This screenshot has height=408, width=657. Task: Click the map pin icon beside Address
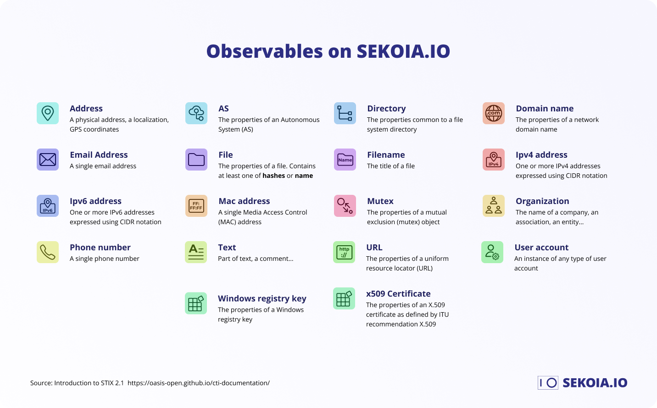(48, 113)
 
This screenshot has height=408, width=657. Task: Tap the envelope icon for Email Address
(48, 160)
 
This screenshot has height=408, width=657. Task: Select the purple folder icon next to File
(196, 160)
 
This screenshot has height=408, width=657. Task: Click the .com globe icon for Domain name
(494, 113)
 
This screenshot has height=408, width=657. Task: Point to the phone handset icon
(48, 252)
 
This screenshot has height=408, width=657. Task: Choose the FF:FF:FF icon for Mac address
(196, 206)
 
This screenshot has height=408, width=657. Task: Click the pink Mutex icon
(345, 206)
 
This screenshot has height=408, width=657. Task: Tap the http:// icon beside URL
(344, 252)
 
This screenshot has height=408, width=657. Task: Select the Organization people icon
(494, 206)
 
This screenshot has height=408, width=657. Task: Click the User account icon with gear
(492, 252)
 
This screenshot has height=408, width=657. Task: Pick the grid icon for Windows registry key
(196, 303)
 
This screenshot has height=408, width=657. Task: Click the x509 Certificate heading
(398, 294)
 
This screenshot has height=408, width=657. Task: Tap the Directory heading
(386, 109)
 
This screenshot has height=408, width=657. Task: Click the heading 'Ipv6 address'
(95, 201)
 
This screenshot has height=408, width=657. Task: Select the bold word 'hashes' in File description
(274, 176)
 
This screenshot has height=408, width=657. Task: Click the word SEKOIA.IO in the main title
(403, 51)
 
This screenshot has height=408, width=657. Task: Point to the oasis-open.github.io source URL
(199, 383)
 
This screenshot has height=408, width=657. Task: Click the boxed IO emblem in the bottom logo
(548, 383)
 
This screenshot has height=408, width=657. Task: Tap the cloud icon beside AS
(196, 113)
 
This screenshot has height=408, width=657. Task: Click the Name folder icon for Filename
(345, 160)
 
